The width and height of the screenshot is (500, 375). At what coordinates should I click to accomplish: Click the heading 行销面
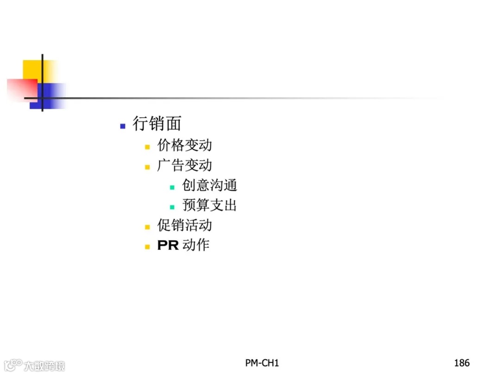(x=156, y=124)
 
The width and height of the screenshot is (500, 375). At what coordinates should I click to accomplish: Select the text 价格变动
(x=184, y=145)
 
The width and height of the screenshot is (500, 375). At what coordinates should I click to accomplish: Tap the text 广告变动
(x=184, y=165)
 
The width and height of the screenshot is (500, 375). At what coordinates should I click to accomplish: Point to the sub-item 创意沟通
(x=209, y=186)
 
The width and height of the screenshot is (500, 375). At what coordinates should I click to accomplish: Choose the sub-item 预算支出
(x=209, y=206)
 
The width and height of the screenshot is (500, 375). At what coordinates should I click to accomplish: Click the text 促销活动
(x=184, y=225)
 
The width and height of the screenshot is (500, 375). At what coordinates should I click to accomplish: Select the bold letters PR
(x=168, y=245)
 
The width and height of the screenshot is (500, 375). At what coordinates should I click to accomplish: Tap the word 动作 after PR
(x=196, y=245)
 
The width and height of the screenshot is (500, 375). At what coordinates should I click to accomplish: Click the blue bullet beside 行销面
(x=123, y=126)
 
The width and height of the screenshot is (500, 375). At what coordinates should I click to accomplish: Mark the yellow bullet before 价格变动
(x=147, y=147)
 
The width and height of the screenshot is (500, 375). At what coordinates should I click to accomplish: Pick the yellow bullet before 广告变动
(x=147, y=167)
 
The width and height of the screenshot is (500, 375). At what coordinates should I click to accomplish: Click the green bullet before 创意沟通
(x=172, y=187)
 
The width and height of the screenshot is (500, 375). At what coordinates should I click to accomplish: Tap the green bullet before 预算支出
(x=172, y=207)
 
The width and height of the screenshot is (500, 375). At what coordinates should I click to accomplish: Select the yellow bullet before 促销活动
(x=147, y=227)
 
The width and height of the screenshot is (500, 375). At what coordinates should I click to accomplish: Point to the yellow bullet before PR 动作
(x=147, y=247)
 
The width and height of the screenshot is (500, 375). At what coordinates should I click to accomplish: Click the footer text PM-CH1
(x=262, y=363)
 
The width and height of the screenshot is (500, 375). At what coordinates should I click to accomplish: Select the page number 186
(x=462, y=363)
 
